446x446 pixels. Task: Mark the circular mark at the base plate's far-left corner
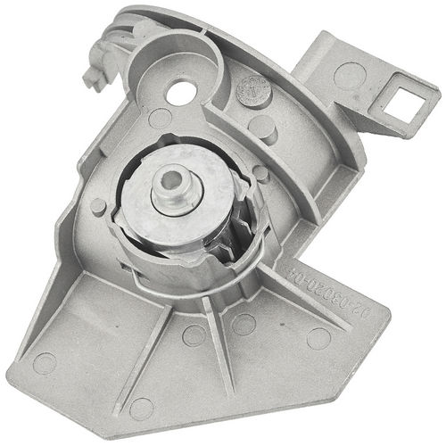(x=44, y=362)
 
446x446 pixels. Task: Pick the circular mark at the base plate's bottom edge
(x=141, y=409)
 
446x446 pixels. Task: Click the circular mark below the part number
(x=318, y=338)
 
